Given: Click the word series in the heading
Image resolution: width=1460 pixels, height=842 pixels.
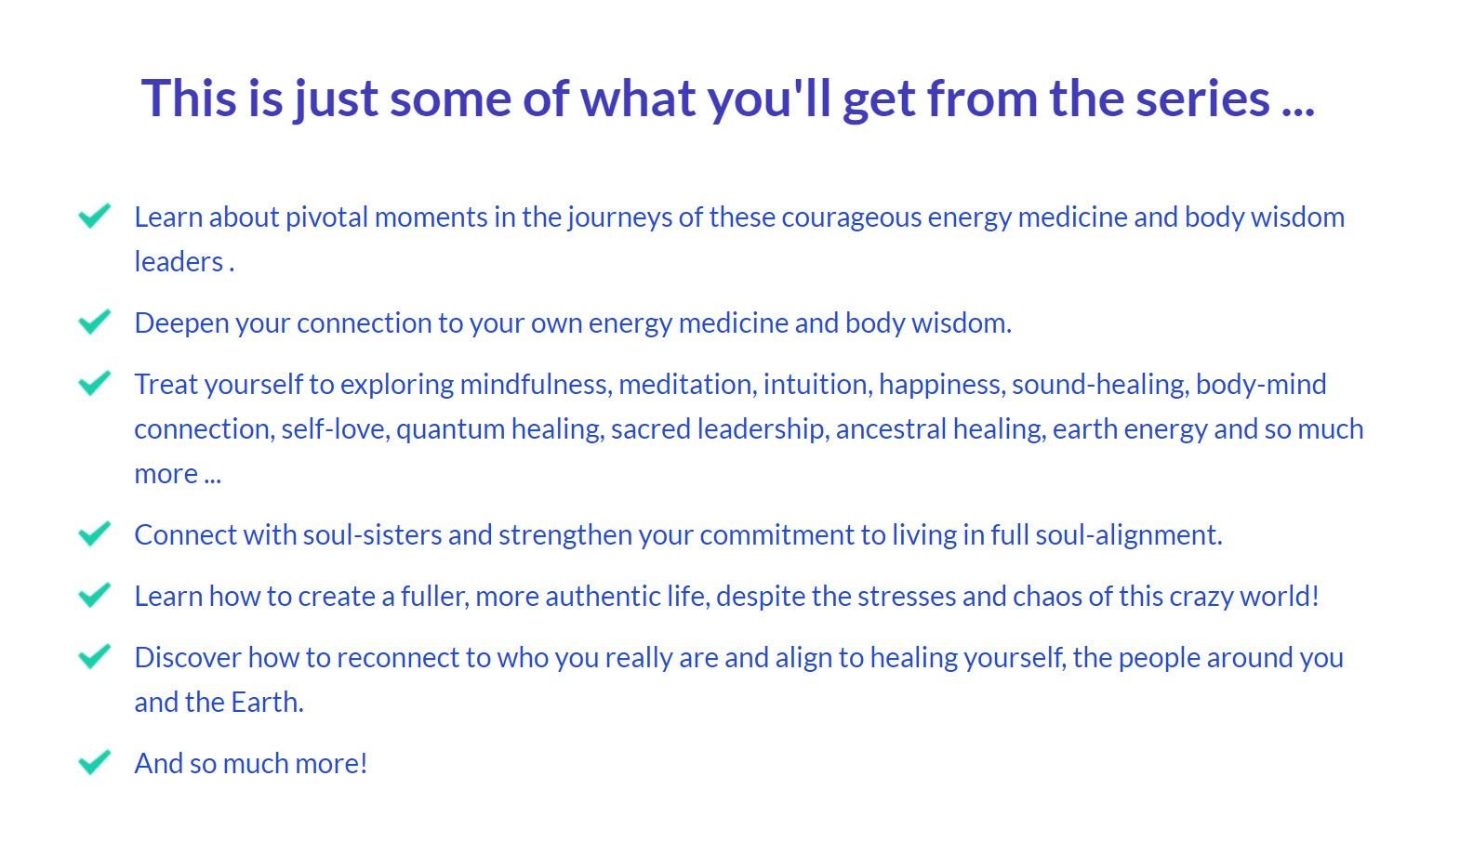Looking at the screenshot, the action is (1203, 99).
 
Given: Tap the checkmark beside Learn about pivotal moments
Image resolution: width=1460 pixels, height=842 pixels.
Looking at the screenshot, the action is (95, 217).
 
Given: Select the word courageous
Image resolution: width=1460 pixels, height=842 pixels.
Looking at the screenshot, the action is (851, 218).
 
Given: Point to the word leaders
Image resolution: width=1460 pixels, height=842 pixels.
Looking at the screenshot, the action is (179, 262).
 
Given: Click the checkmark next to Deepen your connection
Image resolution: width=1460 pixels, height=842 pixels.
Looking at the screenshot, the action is (95, 322).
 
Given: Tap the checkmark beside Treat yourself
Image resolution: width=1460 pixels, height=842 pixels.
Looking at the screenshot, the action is (95, 383).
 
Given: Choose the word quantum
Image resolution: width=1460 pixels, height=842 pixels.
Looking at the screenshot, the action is (450, 430).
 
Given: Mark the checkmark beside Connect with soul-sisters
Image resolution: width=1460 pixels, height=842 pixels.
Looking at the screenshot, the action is (95, 534).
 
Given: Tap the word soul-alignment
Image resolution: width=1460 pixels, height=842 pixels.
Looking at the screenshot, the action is (1129, 536).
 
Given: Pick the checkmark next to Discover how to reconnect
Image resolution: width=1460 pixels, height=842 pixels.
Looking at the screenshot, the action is (95, 656).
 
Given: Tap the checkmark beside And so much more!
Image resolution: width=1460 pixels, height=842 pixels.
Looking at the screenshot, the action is (95, 763).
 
